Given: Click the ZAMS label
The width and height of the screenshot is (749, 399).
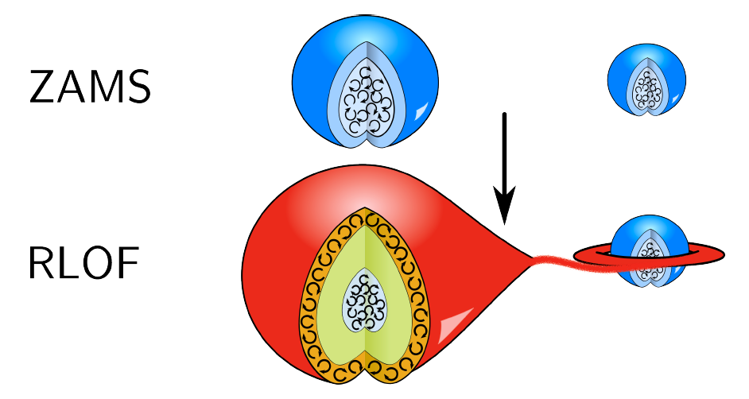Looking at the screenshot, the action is [x=90, y=87].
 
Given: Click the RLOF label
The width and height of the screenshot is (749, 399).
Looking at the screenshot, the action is [x=84, y=262].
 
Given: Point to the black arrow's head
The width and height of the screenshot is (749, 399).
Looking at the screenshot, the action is [x=504, y=205].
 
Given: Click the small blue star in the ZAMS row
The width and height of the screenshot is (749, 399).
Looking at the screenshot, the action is [x=646, y=79].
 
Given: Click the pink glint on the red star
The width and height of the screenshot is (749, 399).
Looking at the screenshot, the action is [x=455, y=323].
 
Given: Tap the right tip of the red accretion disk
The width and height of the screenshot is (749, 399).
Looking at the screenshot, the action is [x=724, y=254].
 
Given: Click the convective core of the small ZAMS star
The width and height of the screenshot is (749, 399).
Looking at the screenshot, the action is [x=647, y=89].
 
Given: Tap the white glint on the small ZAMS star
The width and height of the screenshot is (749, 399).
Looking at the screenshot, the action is [x=675, y=99].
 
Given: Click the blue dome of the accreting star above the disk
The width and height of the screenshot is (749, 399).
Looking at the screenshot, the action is [x=650, y=233].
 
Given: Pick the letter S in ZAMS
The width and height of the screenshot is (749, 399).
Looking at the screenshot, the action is [x=138, y=87].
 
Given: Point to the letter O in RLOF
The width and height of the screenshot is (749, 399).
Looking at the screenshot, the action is [x=97, y=262].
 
